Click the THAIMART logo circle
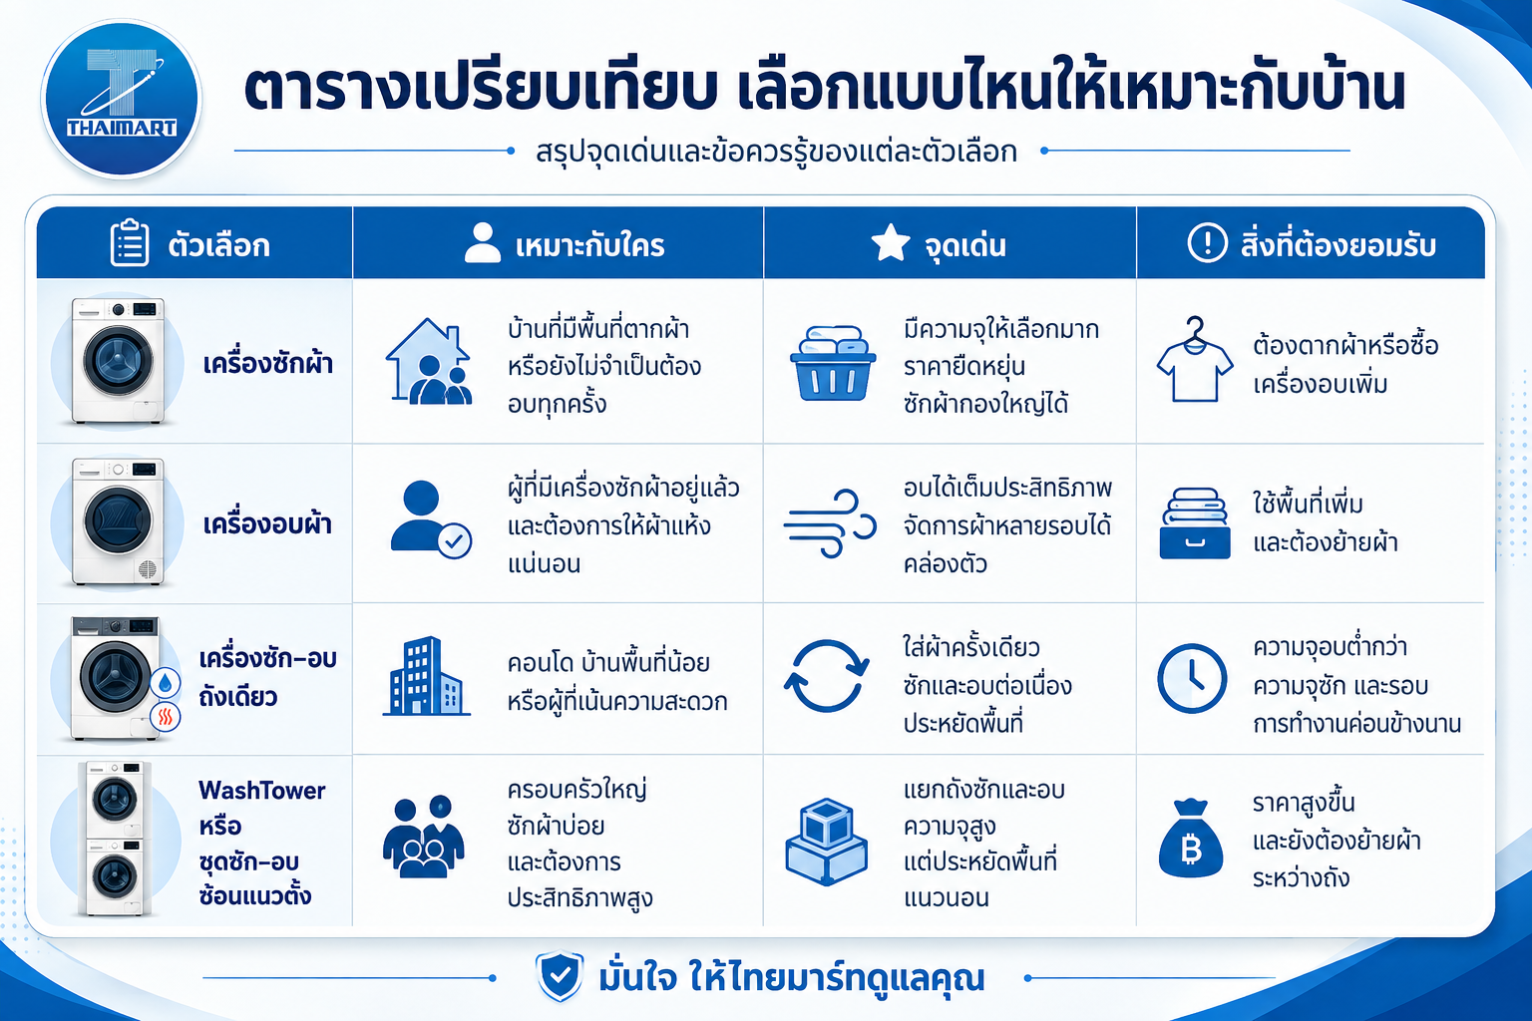(121, 99)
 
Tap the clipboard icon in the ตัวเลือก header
(130, 242)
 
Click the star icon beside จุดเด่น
(891, 242)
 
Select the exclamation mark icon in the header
(1207, 242)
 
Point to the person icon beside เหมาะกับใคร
(482, 242)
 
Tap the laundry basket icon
(833, 363)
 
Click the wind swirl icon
(830, 523)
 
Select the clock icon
(1192, 678)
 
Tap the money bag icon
(1191, 839)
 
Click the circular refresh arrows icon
(826, 676)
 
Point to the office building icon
(426, 676)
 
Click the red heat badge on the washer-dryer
(165, 717)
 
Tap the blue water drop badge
(165, 682)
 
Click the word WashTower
(262, 791)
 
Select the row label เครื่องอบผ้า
(267, 524)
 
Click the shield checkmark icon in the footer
(560, 976)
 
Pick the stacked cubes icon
(827, 842)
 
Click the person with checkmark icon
(431, 519)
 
